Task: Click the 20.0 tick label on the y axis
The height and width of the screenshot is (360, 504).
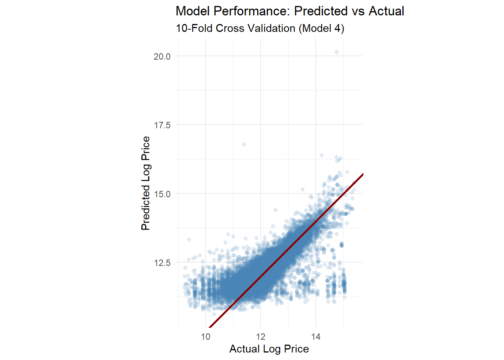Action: tap(162, 57)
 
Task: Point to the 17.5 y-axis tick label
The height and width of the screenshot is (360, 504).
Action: tap(162, 125)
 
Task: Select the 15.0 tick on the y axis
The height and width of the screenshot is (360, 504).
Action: tap(162, 194)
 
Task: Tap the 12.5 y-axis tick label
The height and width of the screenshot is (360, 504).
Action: tap(162, 263)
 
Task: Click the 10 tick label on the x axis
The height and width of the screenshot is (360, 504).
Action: tap(205, 337)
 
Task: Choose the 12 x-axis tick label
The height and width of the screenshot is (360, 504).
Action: tap(261, 337)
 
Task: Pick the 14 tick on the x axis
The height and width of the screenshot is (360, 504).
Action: tap(316, 337)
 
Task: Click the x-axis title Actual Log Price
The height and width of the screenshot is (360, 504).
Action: tap(269, 349)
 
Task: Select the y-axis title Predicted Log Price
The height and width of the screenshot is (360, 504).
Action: tap(145, 183)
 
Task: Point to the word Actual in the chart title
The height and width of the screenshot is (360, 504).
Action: tap(386, 11)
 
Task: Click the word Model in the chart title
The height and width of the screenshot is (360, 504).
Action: tap(193, 11)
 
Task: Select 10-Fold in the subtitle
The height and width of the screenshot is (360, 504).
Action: tap(194, 28)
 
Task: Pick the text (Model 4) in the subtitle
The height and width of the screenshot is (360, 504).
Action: tap(321, 28)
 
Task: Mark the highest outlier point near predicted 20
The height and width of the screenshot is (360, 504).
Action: tap(337, 52)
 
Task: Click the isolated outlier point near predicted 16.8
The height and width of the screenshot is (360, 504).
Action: tap(244, 144)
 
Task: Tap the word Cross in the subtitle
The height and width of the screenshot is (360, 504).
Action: tap(230, 28)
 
